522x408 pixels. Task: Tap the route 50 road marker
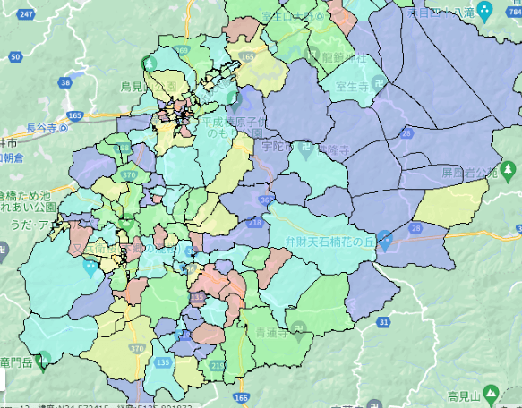(16, 56)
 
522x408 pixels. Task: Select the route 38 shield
(64, 82)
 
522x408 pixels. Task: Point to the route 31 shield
(384, 321)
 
